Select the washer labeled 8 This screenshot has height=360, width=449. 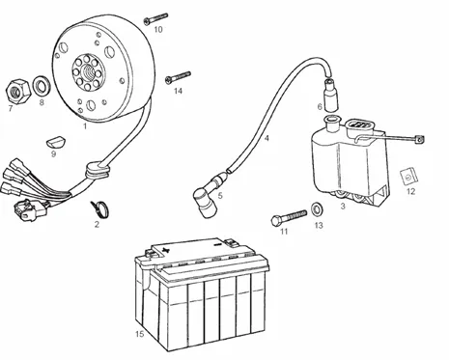[42, 86]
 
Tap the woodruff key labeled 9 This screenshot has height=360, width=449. [57, 142]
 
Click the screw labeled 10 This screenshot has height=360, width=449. [155, 18]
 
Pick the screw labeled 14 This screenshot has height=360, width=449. [178, 77]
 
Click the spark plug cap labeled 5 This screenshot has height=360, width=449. [206, 196]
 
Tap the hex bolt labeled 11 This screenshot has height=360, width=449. [289, 217]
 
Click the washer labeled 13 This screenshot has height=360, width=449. [318, 208]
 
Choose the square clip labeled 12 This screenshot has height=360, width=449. [408, 177]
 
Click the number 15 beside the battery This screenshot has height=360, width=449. [139, 334]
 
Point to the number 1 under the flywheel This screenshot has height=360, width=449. [85, 125]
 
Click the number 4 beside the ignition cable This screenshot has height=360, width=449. [267, 138]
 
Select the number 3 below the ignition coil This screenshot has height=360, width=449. [343, 206]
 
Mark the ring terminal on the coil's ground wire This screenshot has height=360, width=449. [419, 139]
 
